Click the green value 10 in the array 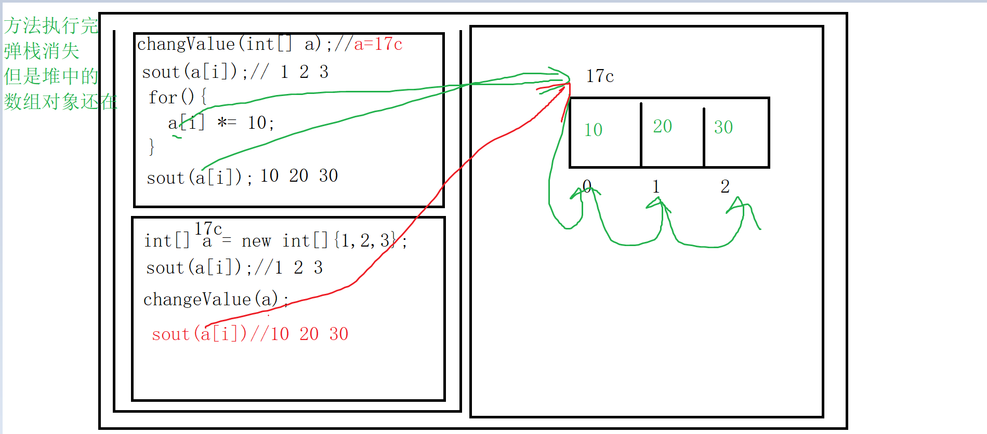[x=593, y=130]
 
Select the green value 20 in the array [x=663, y=126]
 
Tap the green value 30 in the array [x=723, y=127]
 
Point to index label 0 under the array [x=587, y=186]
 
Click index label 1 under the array [x=656, y=186]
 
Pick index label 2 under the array [x=725, y=186]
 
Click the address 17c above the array [x=600, y=76]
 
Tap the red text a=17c [x=378, y=44]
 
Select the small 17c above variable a [x=208, y=228]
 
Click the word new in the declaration [x=256, y=241]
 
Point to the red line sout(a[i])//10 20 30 [x=249, y=334]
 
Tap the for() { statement [x=178, y=97]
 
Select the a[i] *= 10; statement [x=221, y=123]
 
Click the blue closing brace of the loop [x=151, y=147]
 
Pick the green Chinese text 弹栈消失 [x=42, y=51]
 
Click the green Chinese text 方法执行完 [x=51, y=25]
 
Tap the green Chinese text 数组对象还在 [x=60, y=101]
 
